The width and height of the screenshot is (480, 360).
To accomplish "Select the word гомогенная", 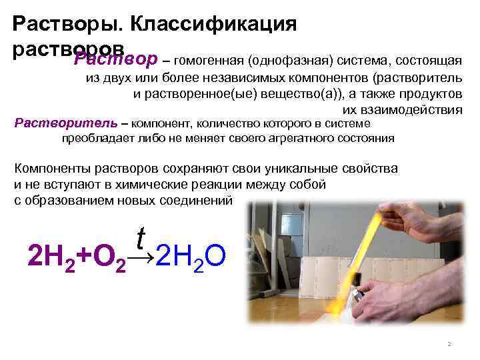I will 208,62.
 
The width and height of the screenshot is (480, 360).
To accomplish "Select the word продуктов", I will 427,94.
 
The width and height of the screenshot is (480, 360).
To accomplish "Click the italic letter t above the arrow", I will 141,235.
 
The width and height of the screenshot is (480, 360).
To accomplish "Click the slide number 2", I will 449,344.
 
